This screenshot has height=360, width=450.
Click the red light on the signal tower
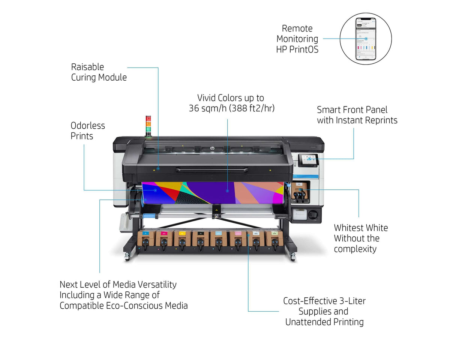click(x=148, y=118)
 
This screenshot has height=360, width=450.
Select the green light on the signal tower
click(x=148, y=127)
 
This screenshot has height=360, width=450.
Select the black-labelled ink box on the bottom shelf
click(x=200, y=239)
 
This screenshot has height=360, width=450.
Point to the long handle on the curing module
click(x=212, y=170)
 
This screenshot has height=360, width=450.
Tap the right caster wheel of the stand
click(x=293, y=257)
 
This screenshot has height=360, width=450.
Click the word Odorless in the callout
click(x=88, y=126)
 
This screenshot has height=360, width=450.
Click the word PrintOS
click(x=304, y=49)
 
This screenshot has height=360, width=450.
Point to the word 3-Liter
click(x=350, y=301)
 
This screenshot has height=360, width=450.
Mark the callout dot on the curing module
click(x=158, y=169)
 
